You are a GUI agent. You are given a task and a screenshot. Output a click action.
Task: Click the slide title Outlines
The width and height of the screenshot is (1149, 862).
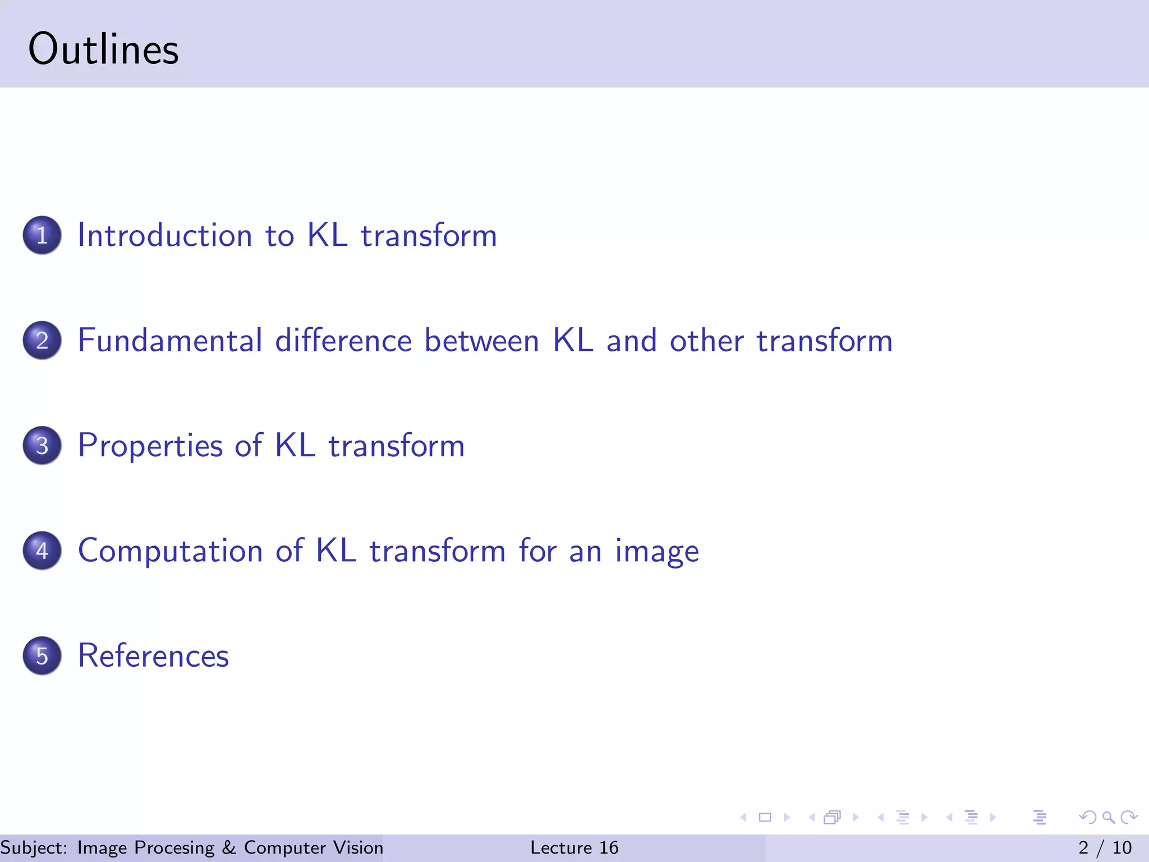point(103,49)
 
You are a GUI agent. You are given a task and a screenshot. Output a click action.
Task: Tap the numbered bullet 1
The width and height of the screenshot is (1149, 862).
point(42,235)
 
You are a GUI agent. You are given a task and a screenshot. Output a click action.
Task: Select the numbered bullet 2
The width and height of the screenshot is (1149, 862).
point(42,341)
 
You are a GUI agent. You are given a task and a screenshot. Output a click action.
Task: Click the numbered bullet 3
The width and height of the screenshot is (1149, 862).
point(42,446)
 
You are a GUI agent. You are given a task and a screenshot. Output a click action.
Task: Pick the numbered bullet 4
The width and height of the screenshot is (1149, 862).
point(42,551)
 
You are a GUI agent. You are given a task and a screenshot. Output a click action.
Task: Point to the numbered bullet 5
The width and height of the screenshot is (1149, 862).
point(42,655)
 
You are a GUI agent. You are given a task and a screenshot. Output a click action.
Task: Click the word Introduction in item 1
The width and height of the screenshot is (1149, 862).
point(164,235)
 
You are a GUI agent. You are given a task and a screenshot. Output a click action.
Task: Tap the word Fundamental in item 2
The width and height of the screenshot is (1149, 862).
point(170,341)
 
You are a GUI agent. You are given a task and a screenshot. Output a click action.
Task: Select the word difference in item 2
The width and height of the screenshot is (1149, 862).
point(343,341)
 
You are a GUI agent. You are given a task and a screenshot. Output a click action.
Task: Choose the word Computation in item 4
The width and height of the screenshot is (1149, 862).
point(170,551)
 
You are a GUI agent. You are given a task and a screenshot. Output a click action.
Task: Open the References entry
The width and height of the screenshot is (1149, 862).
point(153,655)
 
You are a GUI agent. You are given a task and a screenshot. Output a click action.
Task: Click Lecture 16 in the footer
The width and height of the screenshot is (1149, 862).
point(574,847)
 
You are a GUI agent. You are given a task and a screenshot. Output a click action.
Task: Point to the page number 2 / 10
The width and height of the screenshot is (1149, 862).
point(1105,847)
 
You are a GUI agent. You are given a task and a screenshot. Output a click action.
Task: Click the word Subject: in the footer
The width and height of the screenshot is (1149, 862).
point(33,848)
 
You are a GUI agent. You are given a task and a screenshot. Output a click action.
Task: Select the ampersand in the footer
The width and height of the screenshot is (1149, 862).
point(229,847)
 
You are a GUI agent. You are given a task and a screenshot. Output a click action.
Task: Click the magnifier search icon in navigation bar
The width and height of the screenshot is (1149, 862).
point(1108,817)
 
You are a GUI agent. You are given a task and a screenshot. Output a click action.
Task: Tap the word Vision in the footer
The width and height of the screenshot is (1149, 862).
point(358,847)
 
